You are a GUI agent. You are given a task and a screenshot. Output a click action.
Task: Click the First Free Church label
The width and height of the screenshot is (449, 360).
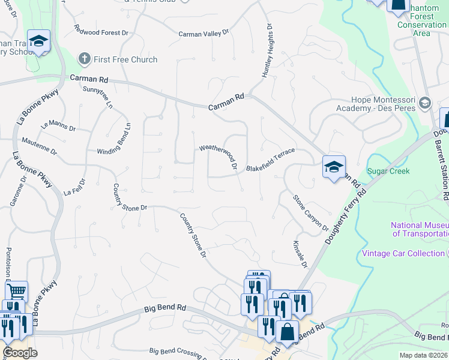[x=125, y=59]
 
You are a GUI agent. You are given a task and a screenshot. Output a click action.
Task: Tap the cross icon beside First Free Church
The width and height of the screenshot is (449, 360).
[x=85, y=59]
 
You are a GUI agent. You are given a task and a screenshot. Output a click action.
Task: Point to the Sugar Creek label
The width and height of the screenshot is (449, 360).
[x=388, y=171]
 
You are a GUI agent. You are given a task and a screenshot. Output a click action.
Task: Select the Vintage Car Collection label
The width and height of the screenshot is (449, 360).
[x=403, y=253]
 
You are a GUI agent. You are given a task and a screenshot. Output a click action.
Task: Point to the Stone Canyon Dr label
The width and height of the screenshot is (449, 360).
[x=311, y=212]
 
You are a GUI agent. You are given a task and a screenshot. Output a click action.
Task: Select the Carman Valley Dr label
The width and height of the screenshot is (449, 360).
[x=204, y=34]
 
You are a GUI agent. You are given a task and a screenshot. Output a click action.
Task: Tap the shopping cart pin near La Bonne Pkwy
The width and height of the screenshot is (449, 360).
[x=16, y=291]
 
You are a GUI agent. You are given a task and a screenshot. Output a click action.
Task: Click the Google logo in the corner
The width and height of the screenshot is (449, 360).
[x=20, y=353]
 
